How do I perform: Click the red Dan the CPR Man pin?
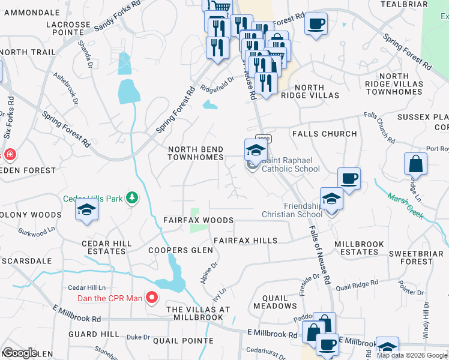tap(152, 297)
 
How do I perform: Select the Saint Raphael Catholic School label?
tap(290, 164)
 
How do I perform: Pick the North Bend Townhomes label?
tap(196, 154)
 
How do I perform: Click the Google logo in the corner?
tap(20, 353)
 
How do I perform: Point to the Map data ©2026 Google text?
tap(411, 355)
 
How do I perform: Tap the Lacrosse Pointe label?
tap(68, 29)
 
